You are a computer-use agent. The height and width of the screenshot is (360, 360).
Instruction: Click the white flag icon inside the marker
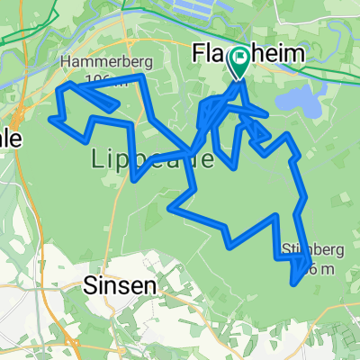[240, 59]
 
